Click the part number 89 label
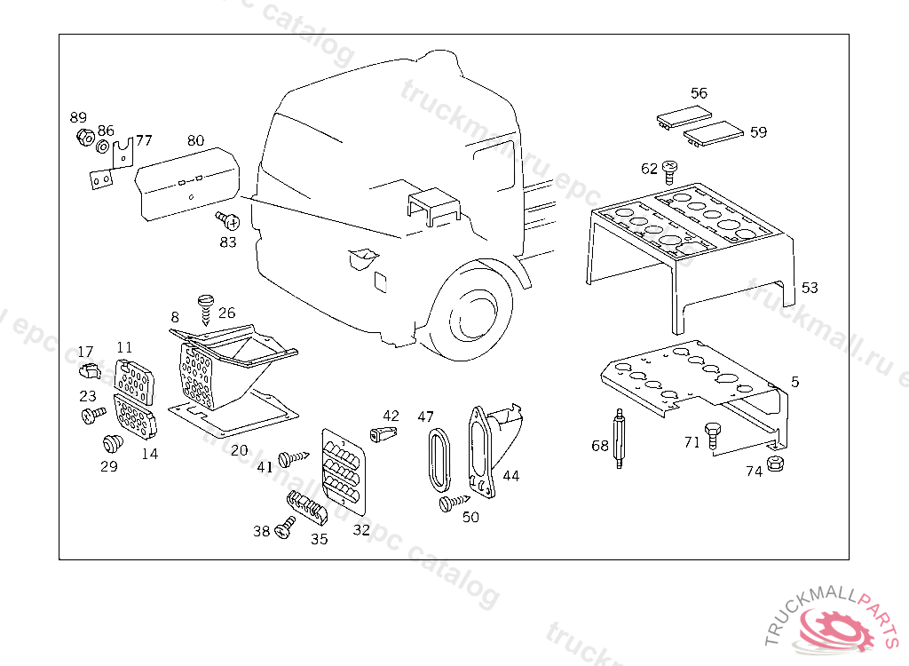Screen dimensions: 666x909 (x=79, y=118)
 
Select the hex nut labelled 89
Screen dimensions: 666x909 (x=86, y=139)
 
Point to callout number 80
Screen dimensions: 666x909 (x=196, y=140)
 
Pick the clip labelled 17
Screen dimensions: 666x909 (x=87, y=369)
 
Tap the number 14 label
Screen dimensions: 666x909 (x=149, y=454)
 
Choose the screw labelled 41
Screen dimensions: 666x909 (x=291, y=459)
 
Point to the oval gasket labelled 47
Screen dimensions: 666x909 (x=438, y=457)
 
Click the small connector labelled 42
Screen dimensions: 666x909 (x=383, y=433)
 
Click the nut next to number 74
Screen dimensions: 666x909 (x=774, y=464)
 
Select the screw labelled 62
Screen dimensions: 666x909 (x=670, y=167)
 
